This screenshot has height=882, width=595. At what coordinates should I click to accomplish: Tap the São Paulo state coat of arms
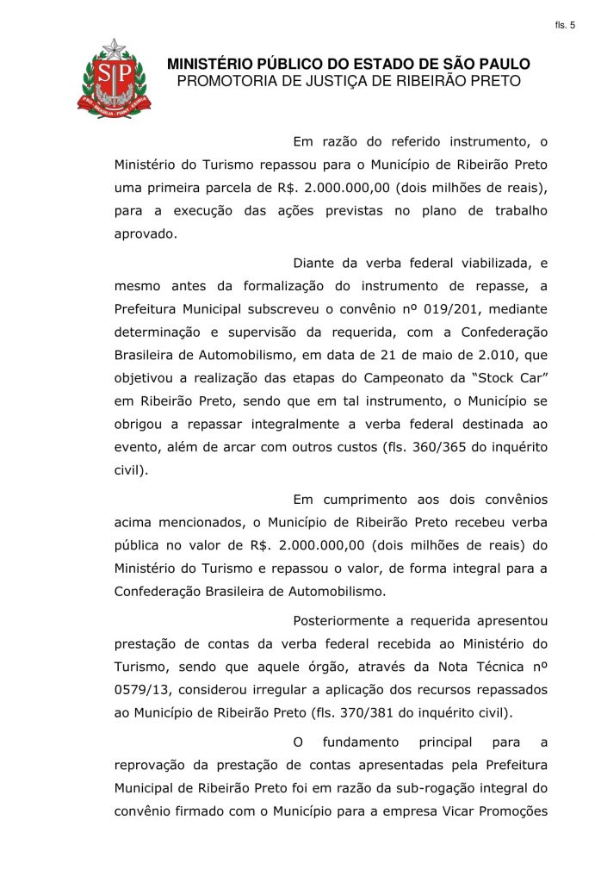[x=114, y=79]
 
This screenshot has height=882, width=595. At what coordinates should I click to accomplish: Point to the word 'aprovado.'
[x=146, y=233]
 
